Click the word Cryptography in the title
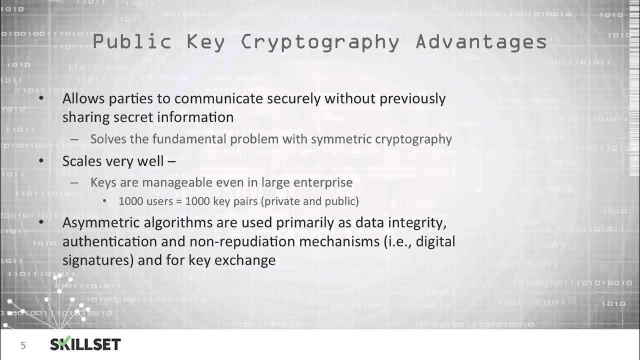(320, 42)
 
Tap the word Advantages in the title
(481, 42)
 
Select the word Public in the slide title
(132, 42)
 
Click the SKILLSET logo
(85, 344)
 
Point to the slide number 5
(23, 345)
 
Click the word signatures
(94, 260)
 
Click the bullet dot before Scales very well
(41, 161)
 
